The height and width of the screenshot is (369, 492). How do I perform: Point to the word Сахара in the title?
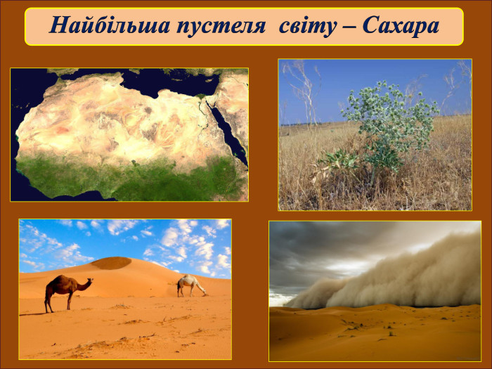coord(401,25)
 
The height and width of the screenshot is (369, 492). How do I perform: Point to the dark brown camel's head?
coord(89,281)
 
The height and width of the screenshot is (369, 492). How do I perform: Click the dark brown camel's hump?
coord(61,278)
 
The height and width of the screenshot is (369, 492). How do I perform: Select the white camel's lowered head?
coord(204,293)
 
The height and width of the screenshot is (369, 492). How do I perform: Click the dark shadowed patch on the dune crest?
coord(111,264)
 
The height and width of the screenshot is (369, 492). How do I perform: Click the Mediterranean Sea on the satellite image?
coord(169,81)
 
